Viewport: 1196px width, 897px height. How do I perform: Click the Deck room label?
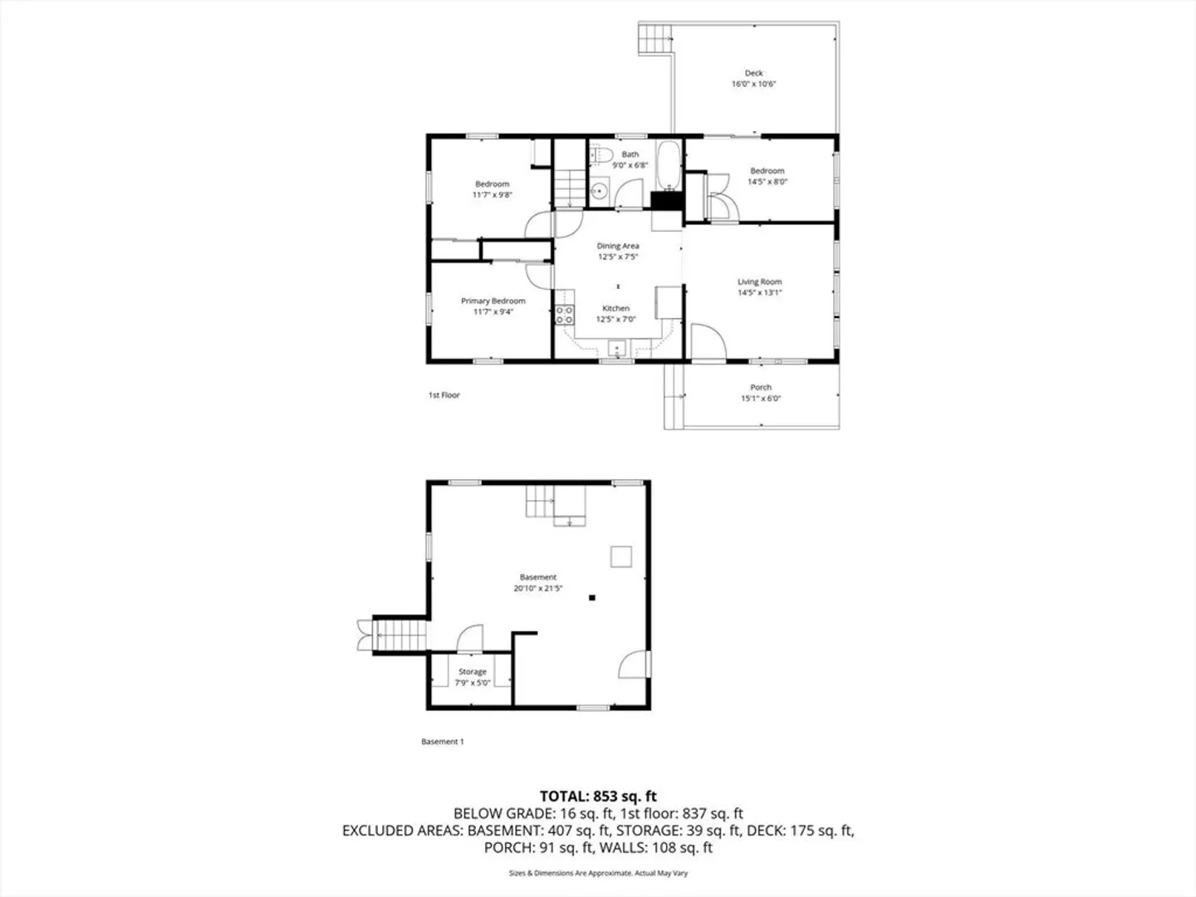[753, 73]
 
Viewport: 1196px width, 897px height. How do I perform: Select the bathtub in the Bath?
[668, 165]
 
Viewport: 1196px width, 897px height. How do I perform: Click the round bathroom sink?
[600, 191]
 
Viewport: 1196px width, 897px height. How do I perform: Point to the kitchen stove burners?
[565, 315]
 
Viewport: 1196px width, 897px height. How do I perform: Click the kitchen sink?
[617, 348]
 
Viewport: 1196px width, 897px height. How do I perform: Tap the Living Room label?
[760, 282]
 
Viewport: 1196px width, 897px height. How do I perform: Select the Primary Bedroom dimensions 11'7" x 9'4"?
[493, 312]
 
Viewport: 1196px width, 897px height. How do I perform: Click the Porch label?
[761, 387]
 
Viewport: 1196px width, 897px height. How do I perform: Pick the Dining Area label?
[618, 246]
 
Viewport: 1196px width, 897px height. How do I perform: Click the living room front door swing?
[708, 341]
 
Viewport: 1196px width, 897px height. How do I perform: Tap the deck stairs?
[654, 38]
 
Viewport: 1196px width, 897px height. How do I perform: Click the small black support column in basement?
[592, 597]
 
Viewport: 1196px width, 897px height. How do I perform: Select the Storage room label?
[473, 672]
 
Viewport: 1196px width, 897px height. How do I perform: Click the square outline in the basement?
[621, 556]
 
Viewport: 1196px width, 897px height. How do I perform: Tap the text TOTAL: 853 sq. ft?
[598, 797]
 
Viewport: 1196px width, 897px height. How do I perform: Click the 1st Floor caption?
[444, 395]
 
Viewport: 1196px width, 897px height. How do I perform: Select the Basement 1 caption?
[443, 741]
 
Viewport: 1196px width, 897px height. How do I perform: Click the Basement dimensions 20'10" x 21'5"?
[538, 588]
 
